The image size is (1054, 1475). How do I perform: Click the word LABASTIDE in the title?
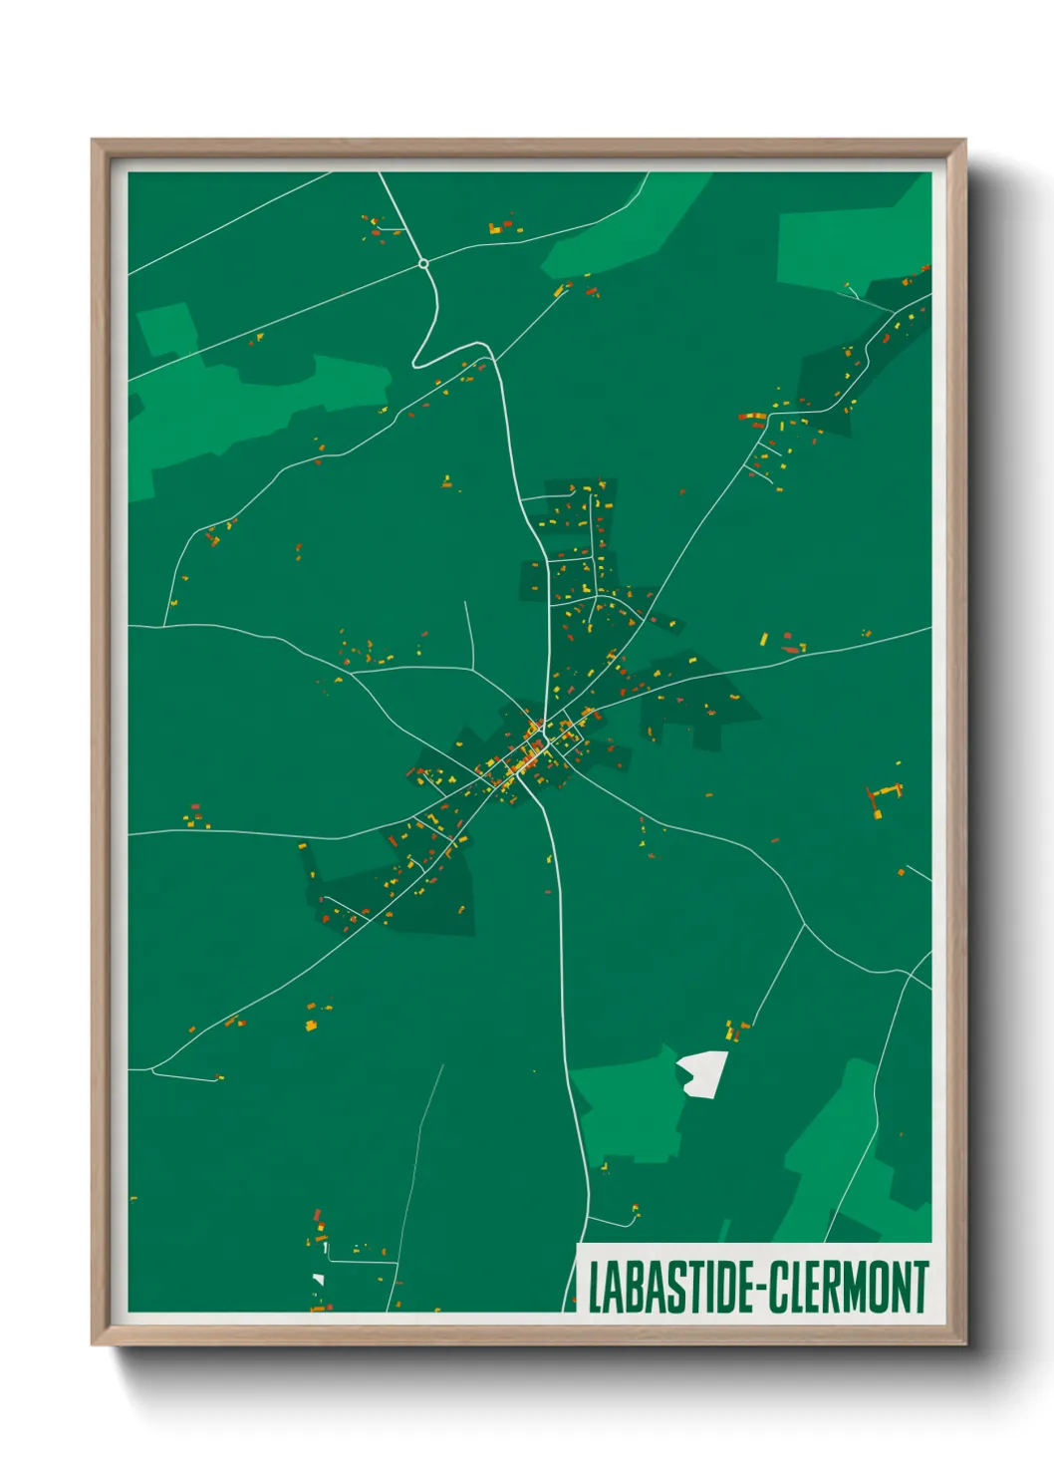click(x=670, y=1287)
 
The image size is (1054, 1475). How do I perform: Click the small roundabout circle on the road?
click(x=423, y=264)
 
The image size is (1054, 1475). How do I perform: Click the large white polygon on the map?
click(x=702, y=1073)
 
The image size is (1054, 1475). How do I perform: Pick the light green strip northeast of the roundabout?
click(x=628, y=224)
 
